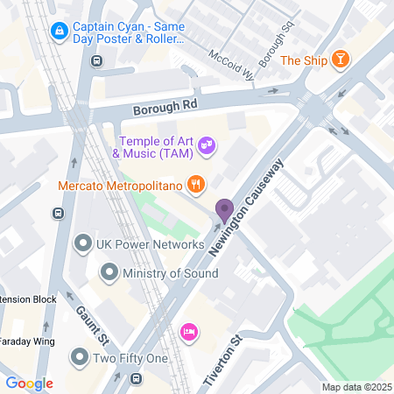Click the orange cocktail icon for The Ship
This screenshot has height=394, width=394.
(x=340, y=60)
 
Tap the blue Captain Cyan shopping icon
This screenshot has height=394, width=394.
(x=59, y=32)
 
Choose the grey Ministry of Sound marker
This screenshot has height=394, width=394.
(x=109, y=273)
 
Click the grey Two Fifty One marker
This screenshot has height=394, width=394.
(x=80, y=357)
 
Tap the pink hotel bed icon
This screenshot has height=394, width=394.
(x=187, y=332)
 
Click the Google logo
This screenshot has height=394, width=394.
(x=29, y=383)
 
